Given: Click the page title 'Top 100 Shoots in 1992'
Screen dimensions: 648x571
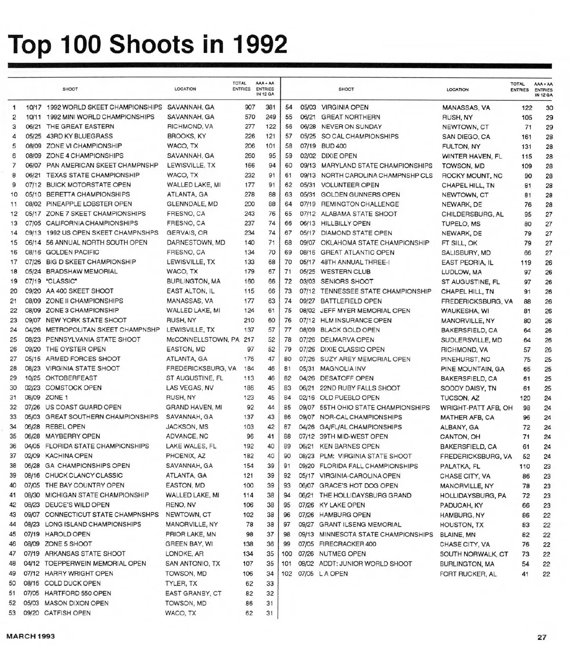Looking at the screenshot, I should (148, 44).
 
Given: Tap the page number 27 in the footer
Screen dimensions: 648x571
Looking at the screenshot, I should (542, 637).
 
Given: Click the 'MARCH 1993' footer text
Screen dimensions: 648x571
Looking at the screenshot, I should (30, 636).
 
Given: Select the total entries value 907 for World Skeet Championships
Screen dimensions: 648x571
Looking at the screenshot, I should (250, 107).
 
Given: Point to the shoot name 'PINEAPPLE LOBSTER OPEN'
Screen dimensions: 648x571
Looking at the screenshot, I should (89, 204).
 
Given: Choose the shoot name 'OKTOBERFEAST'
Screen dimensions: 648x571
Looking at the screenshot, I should (71, 378).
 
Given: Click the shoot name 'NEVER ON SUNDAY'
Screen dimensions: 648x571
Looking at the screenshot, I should (351, 127).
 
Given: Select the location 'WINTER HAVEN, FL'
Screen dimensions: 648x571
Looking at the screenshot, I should (472, 156).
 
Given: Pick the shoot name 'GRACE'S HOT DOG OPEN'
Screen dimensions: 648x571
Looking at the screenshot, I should (358, 486).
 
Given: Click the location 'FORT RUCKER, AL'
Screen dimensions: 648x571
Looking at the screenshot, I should (468, 574).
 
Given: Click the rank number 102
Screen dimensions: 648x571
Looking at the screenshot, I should (286, 574).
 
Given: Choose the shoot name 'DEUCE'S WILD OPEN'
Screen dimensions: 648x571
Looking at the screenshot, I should (77, 505).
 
